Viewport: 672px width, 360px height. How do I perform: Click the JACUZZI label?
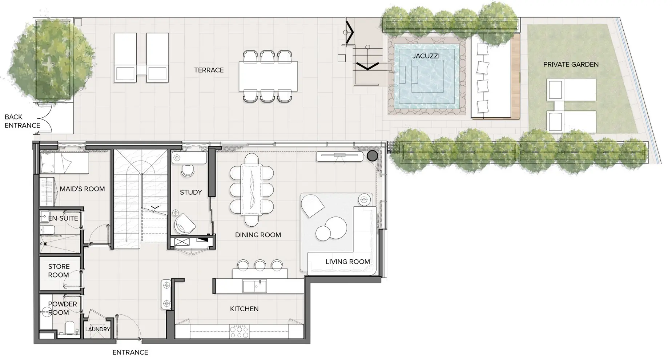(426, 56)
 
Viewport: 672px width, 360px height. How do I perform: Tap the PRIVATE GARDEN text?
(571, 65)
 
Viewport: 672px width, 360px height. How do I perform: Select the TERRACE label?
(209, 70)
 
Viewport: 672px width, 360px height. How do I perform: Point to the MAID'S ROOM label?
(82, 189)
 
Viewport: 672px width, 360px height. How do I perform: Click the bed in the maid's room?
(64, 163)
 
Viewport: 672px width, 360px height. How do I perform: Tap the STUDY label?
(191, 193)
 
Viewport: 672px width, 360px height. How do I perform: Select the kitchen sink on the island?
(254, 286)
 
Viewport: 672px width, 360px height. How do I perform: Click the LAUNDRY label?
(98, 329)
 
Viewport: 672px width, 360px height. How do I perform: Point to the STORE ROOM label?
(59, 271)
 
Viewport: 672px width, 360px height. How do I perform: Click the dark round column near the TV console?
(372, 156)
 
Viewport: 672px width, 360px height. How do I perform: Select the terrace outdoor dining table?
(268, 76)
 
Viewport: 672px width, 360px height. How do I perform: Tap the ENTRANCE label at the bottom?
(130, 352)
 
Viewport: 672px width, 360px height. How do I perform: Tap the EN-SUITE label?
(63, 218)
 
